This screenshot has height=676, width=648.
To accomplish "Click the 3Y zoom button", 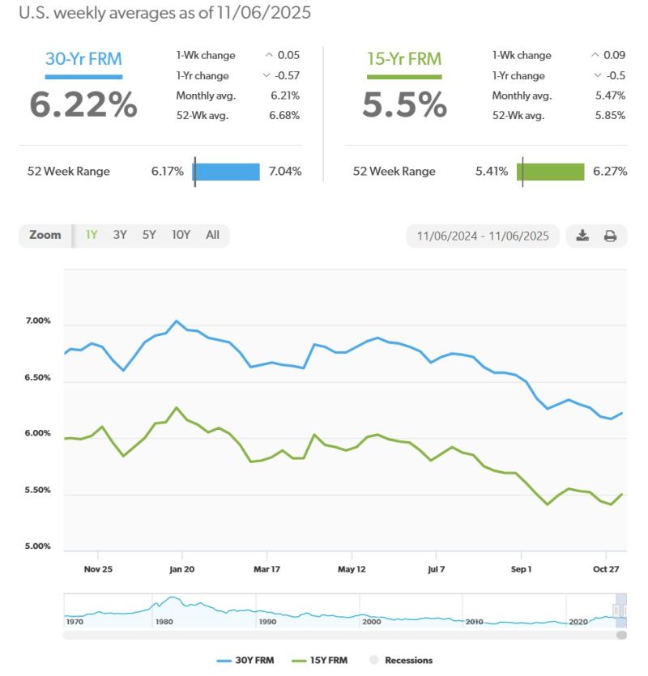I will click(x=120, y=235).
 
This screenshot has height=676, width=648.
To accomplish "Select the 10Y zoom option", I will click(x=181, y=235).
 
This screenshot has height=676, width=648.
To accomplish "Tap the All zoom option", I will click(x=212, y=235).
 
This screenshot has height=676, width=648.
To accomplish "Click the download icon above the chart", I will click(x=582, y=236).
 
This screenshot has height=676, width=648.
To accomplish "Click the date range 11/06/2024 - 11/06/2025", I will click(x=483, y=236).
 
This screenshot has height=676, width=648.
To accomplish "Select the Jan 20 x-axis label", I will click(x=182, y=569).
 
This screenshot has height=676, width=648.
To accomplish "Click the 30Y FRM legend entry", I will click(x=246, y=661).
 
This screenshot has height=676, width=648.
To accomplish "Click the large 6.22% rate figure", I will click(x=83, y=104).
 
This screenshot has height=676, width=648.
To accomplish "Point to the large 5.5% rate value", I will click(x=404, y=104).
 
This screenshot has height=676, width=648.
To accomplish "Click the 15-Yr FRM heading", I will click(x=404, y=59).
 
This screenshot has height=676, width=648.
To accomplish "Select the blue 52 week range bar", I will click(x=227, y=172).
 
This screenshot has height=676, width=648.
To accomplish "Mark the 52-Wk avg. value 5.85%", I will click(x=609, y=115).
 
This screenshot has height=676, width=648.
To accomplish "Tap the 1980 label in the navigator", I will click(x=164, y=622).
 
